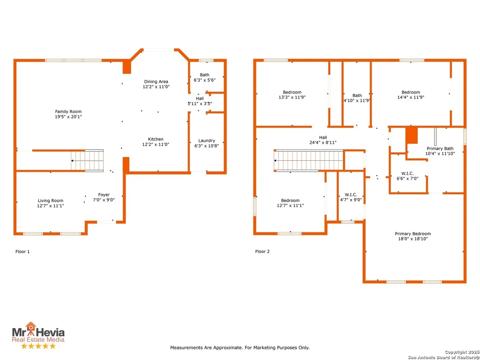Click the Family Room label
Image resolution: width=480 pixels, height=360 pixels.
[68, 112]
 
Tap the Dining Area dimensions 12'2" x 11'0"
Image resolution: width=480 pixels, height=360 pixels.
[156, 87]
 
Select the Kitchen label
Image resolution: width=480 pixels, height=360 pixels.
[156, 139]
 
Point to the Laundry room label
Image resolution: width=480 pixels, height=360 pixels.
[207, 141]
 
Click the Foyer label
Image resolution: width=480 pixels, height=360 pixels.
[104, 195]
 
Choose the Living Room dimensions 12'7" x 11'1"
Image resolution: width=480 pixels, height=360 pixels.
[51, 206]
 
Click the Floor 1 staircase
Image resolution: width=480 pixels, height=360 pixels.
[87, 160]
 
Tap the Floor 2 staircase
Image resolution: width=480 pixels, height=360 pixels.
[309, 160]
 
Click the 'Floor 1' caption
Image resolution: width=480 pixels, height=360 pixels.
[23, 252]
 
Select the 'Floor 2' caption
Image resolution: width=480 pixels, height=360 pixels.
[263, 252]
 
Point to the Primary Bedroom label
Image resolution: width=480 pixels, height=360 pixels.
[413, 234]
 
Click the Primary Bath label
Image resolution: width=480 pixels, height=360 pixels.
[440, 149]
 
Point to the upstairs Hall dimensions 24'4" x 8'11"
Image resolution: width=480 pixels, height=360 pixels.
[323, 143]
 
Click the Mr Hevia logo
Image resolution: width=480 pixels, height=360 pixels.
[38, 332]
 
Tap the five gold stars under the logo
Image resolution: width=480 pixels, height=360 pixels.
[39, 346]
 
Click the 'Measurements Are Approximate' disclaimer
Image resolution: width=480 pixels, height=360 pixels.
[240, 348]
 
